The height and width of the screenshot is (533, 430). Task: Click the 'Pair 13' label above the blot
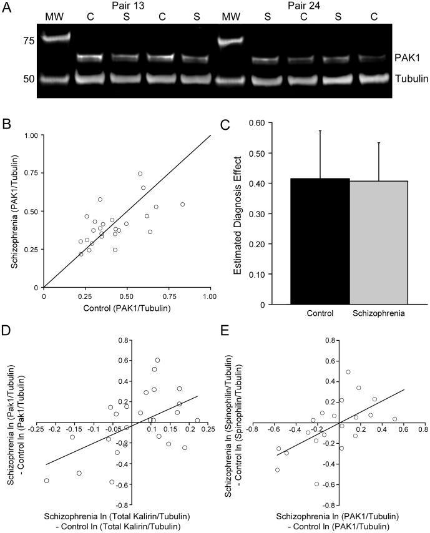(x=128, y=6)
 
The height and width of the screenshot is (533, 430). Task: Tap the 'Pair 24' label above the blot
(x=304, y=6)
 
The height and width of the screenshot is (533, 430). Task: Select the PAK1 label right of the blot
(x=408, y=58)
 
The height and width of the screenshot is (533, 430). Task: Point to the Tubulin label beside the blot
(x=412, y=79)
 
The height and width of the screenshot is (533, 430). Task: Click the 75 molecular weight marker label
(x=29, y=41)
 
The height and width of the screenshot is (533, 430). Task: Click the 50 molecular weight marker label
(x=29, y=79)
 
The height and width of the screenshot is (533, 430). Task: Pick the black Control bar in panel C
(x=320, y=242)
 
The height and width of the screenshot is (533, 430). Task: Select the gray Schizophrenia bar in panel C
(x=379, y=243)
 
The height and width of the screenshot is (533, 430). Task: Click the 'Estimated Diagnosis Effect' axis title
(x=238, y=215)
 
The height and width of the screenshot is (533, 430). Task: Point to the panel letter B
(x=6, y=124)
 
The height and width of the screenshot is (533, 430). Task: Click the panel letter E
(x=225, y=330)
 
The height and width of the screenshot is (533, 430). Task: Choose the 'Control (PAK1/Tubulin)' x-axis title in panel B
(x=127, y=308)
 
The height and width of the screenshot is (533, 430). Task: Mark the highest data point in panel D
(x=157, y=360)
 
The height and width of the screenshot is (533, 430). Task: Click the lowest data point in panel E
(x=317, y=484)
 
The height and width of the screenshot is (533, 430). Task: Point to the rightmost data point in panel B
(x=182, y=204)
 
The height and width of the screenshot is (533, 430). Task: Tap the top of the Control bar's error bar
(x=320, y=130)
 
